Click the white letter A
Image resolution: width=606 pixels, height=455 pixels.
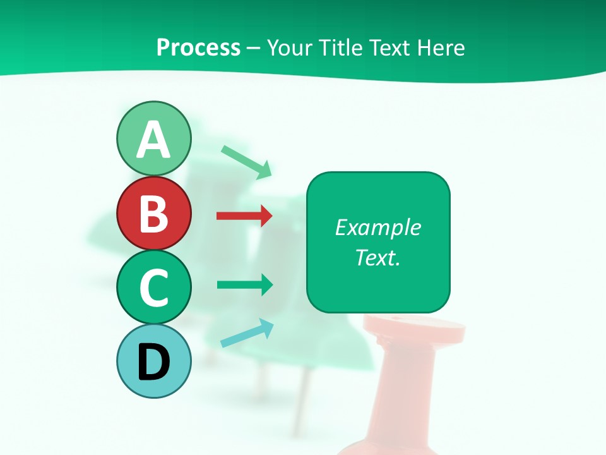[x=153, y=140]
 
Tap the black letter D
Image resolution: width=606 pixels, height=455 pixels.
[x=153, y=362]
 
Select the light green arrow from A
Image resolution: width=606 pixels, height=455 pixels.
[x=247, y=161]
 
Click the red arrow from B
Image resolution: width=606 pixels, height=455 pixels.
[x=244, y=216]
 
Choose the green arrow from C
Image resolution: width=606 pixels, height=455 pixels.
[x=244, y=284]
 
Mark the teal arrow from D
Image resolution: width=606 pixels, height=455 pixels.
[x=247, y=334]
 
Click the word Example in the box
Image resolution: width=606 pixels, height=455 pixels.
[x=378, y=227]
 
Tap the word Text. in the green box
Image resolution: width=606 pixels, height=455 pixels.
[x=378, y=257]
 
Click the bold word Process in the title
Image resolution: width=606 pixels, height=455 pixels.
[x=198, y=48]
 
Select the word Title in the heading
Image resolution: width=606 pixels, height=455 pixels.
[x=344, y=48]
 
